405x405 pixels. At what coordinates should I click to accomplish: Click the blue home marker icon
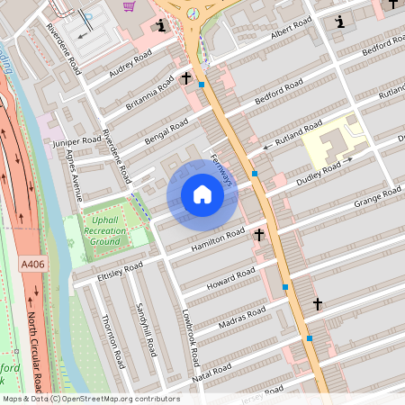point(202,195)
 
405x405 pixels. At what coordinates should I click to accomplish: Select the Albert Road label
point(292,34)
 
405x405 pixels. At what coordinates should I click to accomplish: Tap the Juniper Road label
point(78,140)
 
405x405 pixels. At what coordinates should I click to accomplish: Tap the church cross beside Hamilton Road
point(259,236)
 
